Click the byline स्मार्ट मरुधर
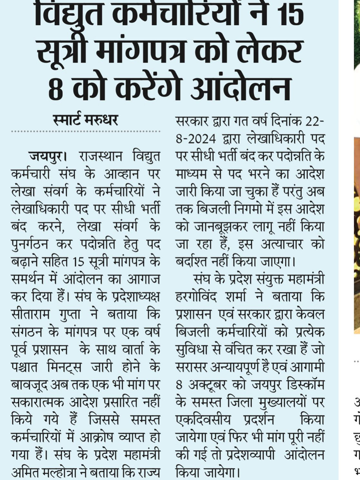[85, 120]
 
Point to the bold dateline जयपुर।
[48, 157]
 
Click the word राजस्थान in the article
[101, 157]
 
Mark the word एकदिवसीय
[203, 420]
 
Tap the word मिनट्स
[64, 367]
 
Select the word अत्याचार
[282, 244]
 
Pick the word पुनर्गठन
[29, 244]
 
